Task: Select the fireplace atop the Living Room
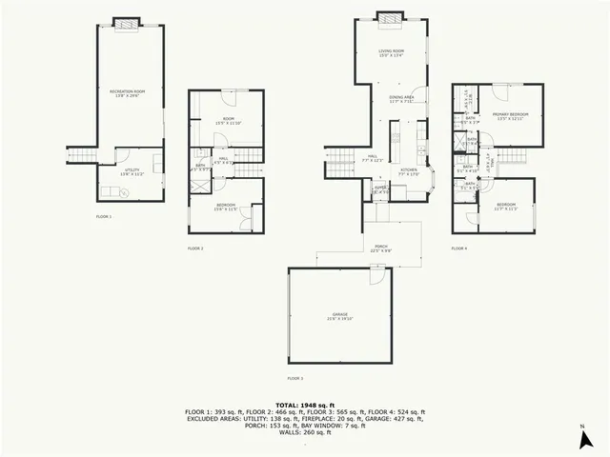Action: [x=387, y=17]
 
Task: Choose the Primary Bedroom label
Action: [x=511, y=114]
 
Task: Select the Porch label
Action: [x=380, y=248]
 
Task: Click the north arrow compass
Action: [x=583, y=439]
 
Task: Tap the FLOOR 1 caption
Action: [x=104, y=217]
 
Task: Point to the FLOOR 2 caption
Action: [x=195, y=248]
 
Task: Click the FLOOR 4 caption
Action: [x=459, y=248]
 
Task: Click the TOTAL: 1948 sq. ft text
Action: [x=305, y=404]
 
